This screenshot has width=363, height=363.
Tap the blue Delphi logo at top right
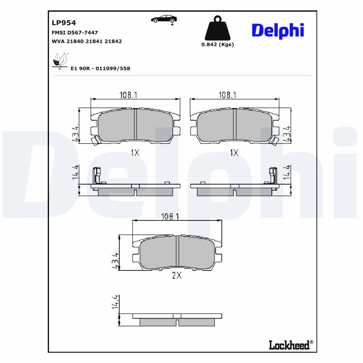[x=277, y=30]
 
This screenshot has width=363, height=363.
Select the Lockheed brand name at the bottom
[x=289, y=345]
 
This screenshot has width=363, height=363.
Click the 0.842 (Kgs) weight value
[x=217, y=44]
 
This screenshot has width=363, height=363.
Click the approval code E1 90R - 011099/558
[x=100, y=69]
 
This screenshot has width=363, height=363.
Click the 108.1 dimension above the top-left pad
[x=128, y=95]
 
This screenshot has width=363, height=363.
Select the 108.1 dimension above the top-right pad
[x=227, y=95]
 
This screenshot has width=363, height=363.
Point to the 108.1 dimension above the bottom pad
[x=170, y=217]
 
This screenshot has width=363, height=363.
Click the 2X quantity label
[x=177, y=275]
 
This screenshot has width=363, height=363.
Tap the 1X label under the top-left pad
[x=135, y=153]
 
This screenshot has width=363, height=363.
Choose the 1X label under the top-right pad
[x=234, y=153]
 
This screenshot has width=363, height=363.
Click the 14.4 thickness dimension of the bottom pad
[x=115, y=302]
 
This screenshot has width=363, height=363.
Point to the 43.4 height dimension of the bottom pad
[x=115, y=259]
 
